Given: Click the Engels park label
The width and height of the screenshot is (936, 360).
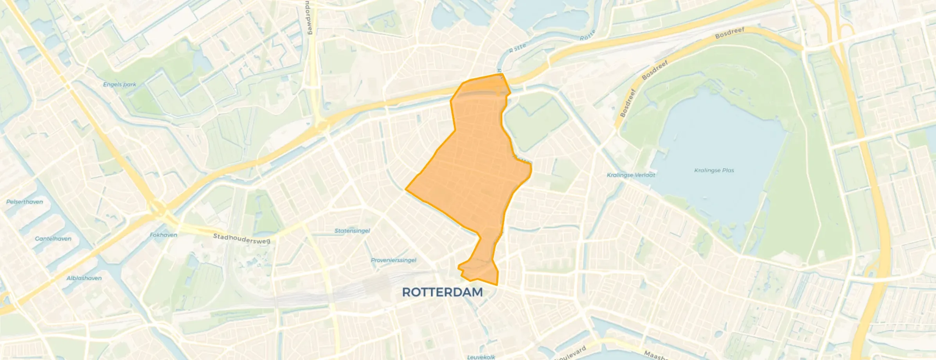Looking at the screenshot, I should pos(119,85).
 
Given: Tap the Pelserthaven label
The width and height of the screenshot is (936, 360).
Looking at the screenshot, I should pos(25,202).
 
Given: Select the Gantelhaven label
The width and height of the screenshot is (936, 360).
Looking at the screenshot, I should pos(53,239).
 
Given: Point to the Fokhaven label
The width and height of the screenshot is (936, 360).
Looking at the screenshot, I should pos(164,235).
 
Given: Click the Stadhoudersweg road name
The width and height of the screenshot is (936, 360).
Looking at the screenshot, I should pos(241,238).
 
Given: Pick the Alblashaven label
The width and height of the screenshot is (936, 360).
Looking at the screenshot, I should pos(84,278).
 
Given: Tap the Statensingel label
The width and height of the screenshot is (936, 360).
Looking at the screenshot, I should pos(352,231).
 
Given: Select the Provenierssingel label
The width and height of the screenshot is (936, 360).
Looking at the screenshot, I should pos(394,260).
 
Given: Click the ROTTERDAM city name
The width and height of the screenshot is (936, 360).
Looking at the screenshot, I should pos(442,292).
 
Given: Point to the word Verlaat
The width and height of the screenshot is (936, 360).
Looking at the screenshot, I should pos(644,175).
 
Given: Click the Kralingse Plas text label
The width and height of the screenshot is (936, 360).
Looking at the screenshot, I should pos(714,171).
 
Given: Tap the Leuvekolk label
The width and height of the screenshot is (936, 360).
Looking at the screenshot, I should pos(481,357).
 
